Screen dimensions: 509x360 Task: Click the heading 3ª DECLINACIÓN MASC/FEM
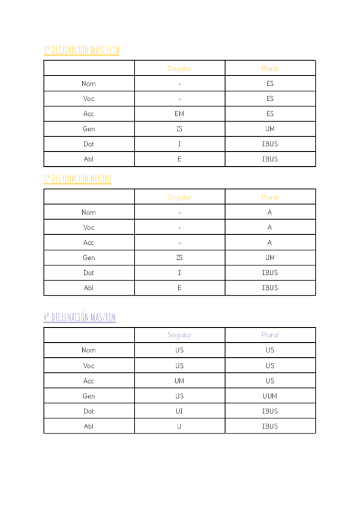(x=81, y=50)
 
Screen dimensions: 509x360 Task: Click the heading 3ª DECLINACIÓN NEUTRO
(x=77, y=179)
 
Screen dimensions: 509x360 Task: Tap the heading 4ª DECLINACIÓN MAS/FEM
(x=79, y=317)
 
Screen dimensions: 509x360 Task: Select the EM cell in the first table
(x=179, y=114)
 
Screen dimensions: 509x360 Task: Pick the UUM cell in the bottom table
(x=270, y=396)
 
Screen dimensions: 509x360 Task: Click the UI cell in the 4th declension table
(x=179, y=411)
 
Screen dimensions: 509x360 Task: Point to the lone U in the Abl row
(x=179, y=426)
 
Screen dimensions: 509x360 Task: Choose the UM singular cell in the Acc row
(x=179, y=381)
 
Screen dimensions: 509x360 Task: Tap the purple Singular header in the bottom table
(x=179, y=336)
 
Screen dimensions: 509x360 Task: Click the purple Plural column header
(x=270, y=336)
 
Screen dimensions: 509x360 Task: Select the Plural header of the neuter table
(x=270, y=197)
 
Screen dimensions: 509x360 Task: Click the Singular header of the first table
(x=179, y=68)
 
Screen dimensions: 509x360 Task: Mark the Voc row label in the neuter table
(x=89, y=227)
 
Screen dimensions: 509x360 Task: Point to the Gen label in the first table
(x=89, y=129)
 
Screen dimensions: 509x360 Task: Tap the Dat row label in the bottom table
(x=89, y=411)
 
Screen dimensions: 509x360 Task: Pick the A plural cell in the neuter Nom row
(x=270, y=212)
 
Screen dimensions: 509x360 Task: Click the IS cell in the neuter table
(x=179, y=258)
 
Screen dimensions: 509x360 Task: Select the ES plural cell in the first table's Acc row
(x=270, y=114)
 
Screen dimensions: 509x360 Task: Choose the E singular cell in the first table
(x=179, y=159)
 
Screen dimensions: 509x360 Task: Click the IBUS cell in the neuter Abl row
(x=270, y=288)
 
